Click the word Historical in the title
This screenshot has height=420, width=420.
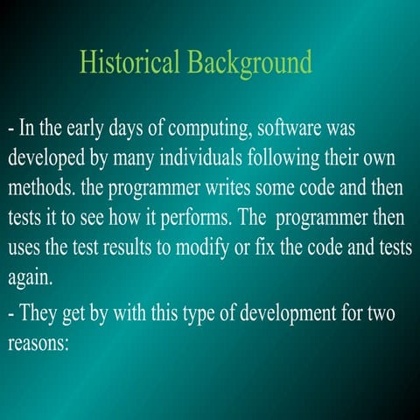(x=127, y=62)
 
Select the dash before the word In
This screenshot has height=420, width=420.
(x=10, y=129)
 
